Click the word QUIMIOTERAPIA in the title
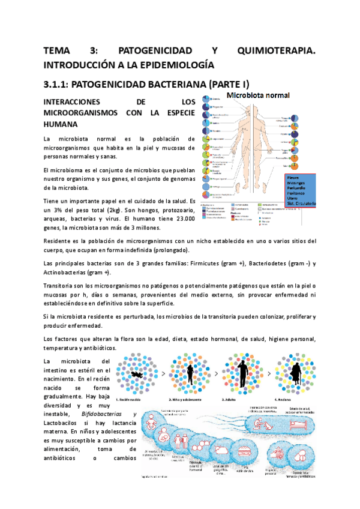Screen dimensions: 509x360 (276, 51)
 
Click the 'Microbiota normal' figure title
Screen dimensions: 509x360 (258, 96)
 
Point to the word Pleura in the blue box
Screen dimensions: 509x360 (293, 178)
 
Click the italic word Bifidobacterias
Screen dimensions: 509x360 (95, 414)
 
